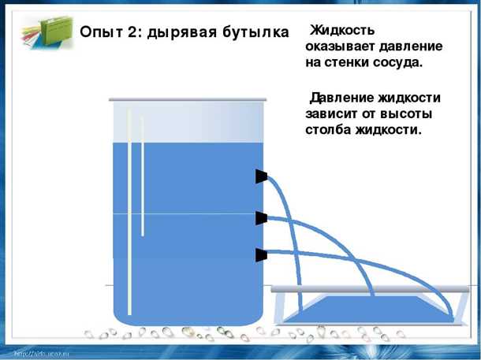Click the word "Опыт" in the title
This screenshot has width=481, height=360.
101,32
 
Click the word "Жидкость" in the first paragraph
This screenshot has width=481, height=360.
342,31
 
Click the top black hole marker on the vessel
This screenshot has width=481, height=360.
261,176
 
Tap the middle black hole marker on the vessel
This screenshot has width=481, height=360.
261,217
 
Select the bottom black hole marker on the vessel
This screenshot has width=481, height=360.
261,255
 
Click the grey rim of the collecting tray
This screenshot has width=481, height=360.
367,290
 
